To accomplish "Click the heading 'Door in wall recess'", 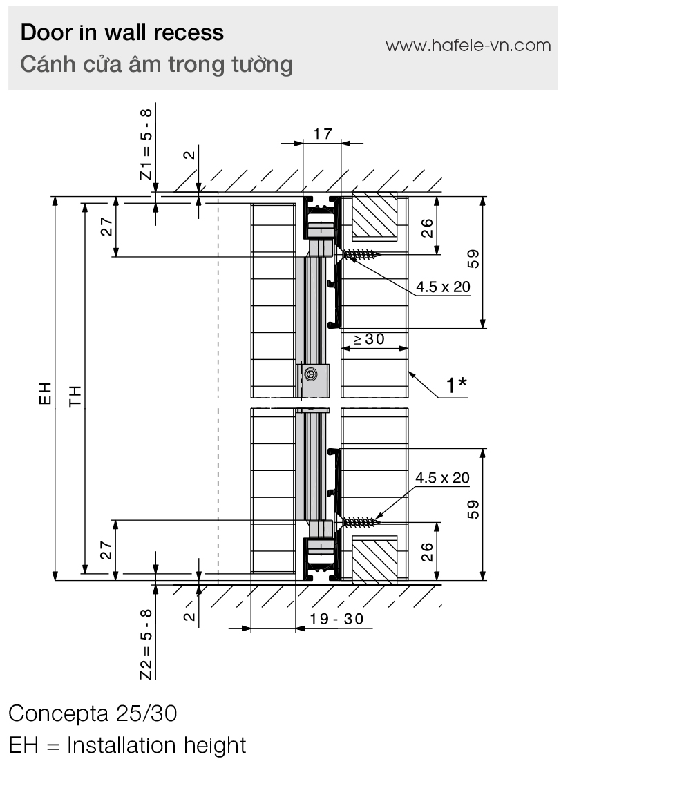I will [122, 32].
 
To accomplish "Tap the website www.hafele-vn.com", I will [468, 46].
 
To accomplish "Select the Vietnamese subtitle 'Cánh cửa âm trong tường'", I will [157, 64].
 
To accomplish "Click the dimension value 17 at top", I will [322, 134].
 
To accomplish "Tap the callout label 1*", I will [456, 385].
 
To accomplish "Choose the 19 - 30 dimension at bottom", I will [336, 619].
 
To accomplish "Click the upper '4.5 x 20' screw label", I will [442, 286].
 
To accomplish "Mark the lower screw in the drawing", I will [360, 521].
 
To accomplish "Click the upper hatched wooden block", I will [374, 215].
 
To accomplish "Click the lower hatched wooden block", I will [374, 559].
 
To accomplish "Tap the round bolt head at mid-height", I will [311, 374].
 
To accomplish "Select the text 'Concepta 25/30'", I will [93, 713].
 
